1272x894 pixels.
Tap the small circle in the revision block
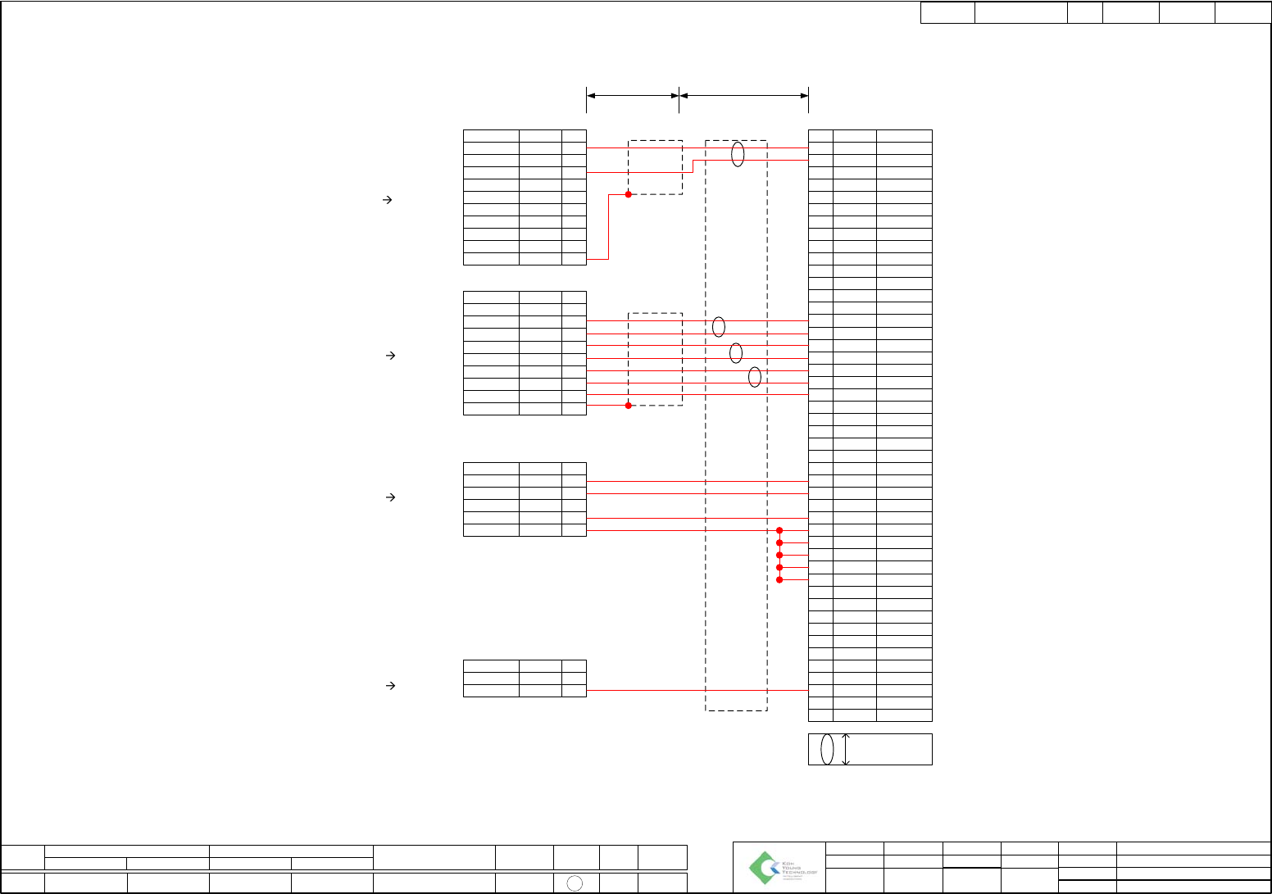pos(575,883)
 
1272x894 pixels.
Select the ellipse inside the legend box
pos(827,749)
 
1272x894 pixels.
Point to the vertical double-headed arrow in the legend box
pos(846,749)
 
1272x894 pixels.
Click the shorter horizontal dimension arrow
pos(633,96)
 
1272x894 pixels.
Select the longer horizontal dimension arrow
pos(744,96)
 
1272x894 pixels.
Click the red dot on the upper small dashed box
pos(629,194)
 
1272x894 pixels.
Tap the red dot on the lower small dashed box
pos(629,405)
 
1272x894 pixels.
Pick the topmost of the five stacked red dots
pos(779,530)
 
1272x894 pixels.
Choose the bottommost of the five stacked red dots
pos(779,579)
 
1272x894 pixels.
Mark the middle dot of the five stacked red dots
pos(779,555)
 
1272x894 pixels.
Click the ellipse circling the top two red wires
pos(738,154)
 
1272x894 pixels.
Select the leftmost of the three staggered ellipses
pos(719,327)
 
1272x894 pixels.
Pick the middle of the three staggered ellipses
pos(736,352)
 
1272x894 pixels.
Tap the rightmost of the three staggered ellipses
pos(755,377)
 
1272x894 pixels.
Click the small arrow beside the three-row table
pos(391,685)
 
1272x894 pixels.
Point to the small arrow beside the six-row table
pos(391,497)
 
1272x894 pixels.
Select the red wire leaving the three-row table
pos(697,691)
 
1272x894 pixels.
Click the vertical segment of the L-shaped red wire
pos(608,227)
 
